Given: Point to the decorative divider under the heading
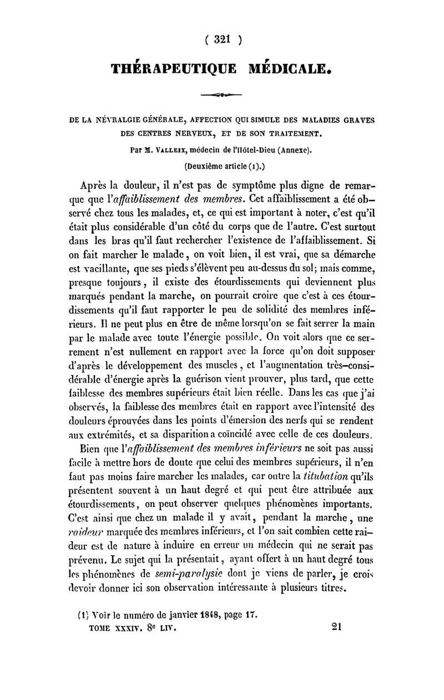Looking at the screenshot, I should (222, 95).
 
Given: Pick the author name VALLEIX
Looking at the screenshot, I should (181, 149).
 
